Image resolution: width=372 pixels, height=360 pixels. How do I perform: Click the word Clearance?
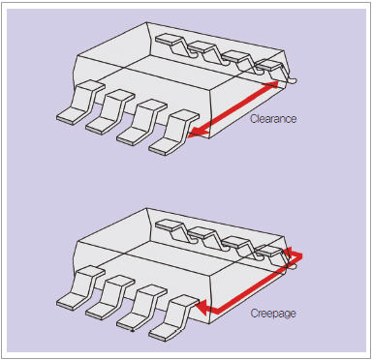pos(273,119)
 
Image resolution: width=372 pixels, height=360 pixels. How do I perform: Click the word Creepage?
pos(273,313)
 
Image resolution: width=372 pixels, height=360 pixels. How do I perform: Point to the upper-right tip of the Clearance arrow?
pos(277,82)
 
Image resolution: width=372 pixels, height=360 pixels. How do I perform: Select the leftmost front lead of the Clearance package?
pos(80,103)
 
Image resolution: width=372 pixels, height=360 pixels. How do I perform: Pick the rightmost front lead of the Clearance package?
pos(174,133)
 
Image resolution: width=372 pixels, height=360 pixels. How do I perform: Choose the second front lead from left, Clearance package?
pos(110,112)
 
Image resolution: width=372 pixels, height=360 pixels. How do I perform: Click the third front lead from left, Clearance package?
pos(142,122)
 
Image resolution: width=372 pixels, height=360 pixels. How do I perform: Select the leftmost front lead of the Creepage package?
pos(80,288)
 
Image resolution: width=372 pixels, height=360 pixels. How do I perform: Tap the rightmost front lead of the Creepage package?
pos(174,318)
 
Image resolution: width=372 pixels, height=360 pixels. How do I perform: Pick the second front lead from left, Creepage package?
pos(110,297)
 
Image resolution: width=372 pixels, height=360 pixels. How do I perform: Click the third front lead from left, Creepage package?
pos(142,308)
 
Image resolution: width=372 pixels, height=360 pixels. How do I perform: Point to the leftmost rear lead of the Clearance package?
pos(176,45)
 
